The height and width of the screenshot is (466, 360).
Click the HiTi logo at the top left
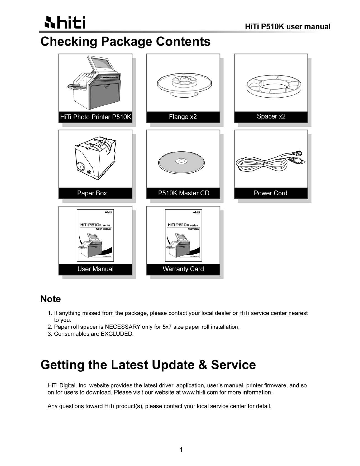tap(63, 23)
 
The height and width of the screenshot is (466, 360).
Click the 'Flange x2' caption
tap(183, 117)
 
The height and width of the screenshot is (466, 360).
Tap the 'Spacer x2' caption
tap(271, 116)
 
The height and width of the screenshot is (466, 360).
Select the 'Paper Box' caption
tap(92, 193)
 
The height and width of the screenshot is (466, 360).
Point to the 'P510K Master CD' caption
tap(183, 193)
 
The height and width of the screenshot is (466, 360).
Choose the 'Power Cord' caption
tap(270, 193)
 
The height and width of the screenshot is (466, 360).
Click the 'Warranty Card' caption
tap(183, 269)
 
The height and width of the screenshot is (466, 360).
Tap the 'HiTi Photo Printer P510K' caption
tap(95, 117)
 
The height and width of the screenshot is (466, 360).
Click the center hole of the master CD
tap(181, 161)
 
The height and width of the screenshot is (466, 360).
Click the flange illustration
tap(184, 84)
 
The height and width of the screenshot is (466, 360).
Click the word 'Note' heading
tap(51, 299)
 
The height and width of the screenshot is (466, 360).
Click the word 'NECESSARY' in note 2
tap(123, 327)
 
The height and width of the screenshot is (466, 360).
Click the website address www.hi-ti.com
tap(200, 392)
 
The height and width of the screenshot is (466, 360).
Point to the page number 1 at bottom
tap(181, 450)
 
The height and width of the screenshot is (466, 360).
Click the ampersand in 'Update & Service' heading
tap(203, 365)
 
